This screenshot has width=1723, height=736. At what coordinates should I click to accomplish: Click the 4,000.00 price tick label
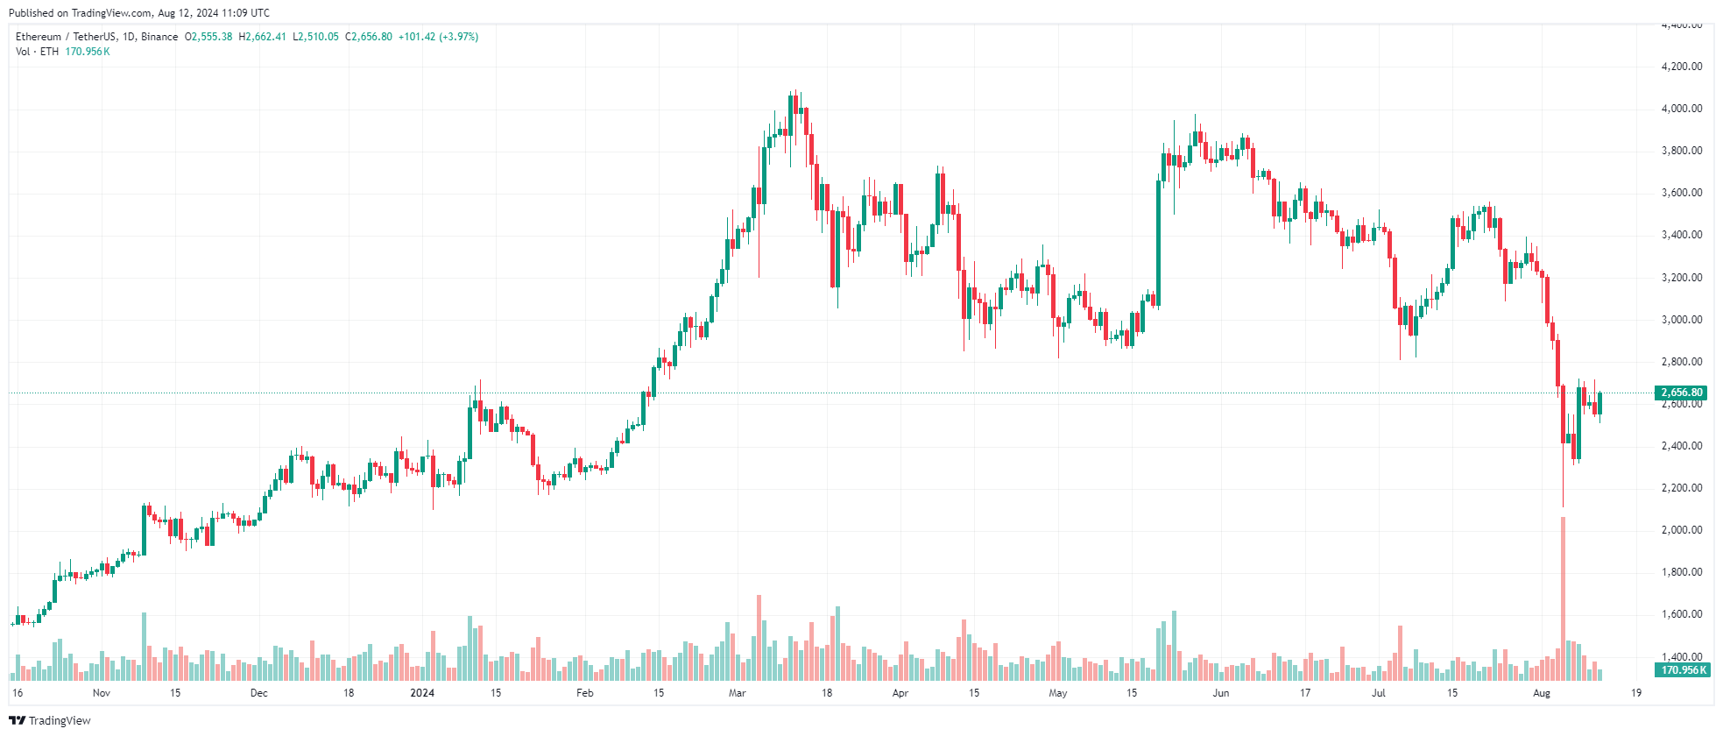point(1681,109)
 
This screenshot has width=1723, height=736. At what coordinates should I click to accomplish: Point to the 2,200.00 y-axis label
point(1681,488)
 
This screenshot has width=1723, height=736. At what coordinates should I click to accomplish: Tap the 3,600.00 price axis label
point(1681,193)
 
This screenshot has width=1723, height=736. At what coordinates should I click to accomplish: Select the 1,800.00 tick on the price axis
point(1681,572)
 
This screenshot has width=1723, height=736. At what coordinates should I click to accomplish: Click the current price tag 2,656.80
point(1682,393)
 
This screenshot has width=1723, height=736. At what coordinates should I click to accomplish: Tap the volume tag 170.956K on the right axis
point(1682,670)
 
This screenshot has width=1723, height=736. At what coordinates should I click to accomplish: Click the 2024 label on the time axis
point(422,693)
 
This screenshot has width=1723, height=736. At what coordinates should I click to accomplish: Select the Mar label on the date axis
point(738,693)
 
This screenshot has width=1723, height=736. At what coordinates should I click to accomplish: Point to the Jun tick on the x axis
point(1220,693)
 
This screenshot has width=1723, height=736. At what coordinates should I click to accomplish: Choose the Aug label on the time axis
point(1542,693)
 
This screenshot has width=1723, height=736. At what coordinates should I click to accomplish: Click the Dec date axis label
point(258,693)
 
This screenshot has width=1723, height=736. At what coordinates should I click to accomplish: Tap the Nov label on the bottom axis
point(102,693)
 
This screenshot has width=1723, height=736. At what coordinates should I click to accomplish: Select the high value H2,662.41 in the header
point(263,37)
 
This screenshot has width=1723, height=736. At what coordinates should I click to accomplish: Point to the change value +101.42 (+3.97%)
point(438,37)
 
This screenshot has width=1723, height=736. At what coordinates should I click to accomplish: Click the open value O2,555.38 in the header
point(208,37)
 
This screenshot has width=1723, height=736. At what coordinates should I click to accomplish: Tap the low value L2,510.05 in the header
point(315,37)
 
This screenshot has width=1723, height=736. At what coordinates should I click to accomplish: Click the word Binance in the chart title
point(159,37)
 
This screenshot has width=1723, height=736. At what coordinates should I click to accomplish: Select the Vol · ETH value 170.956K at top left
point(88,52)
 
